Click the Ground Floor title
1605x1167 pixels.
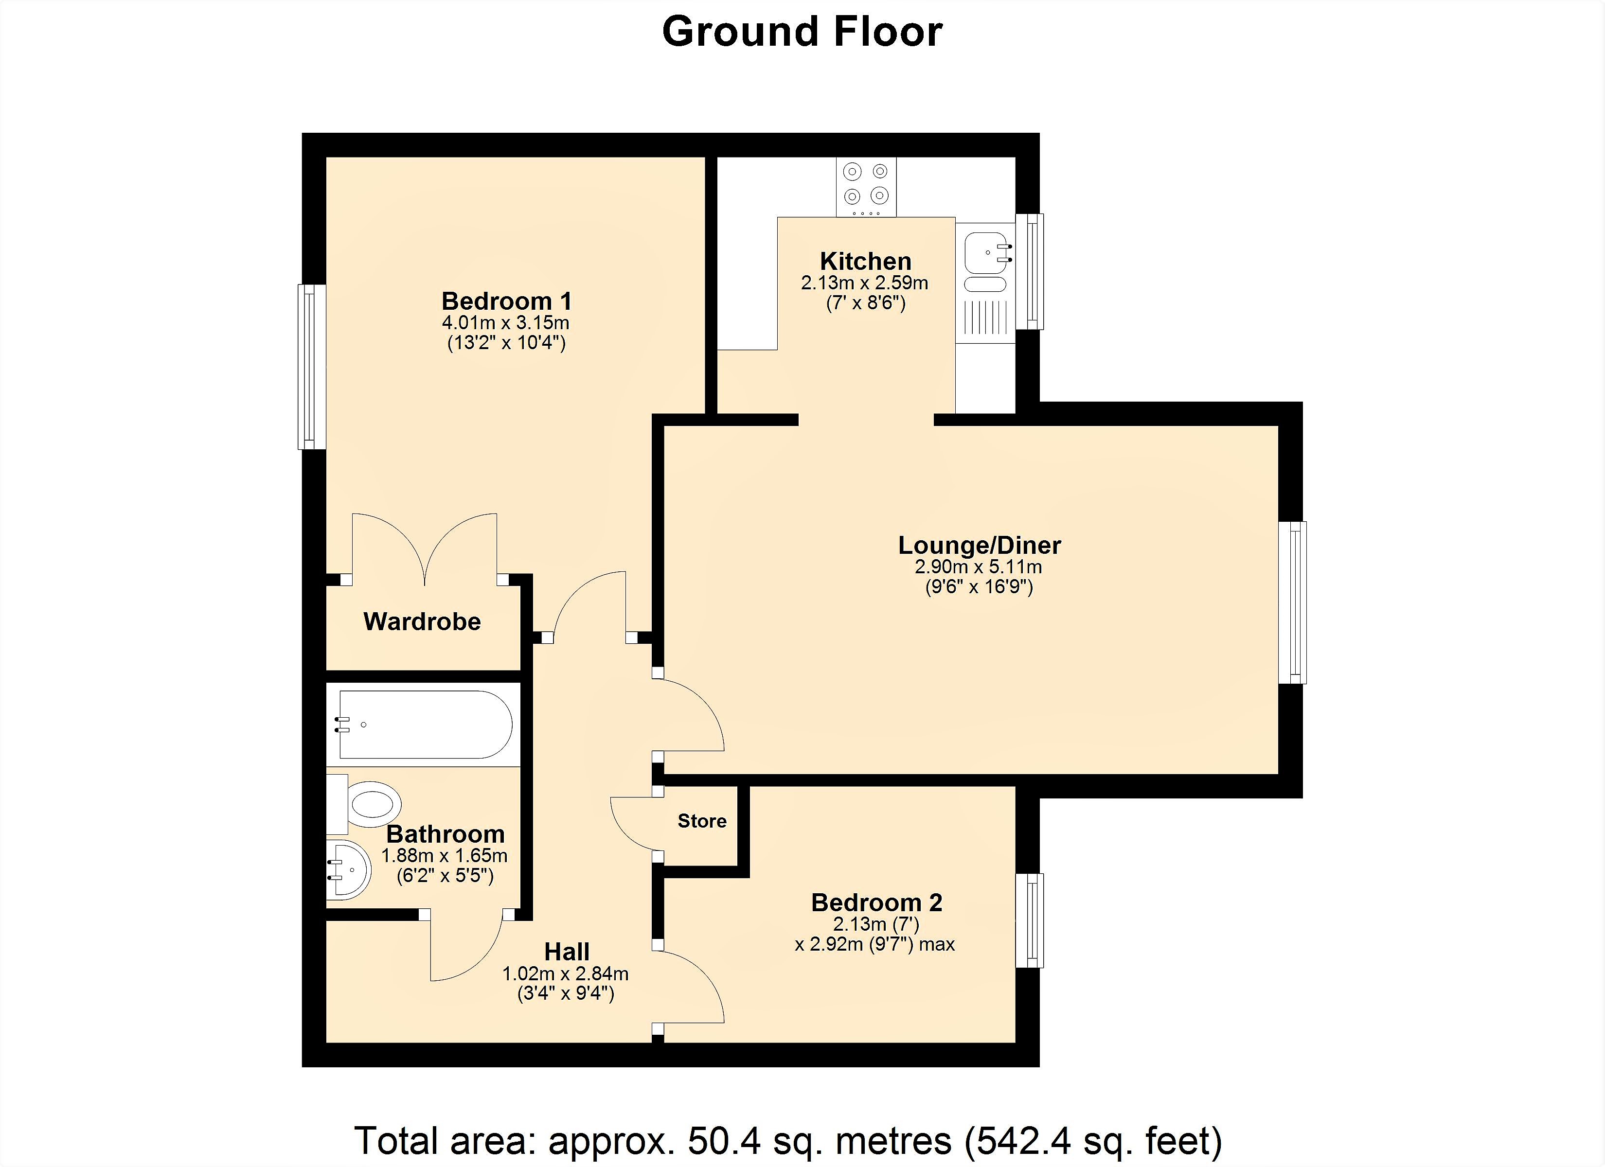pyautogui.click(x=802, y=32)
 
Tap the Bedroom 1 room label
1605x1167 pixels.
pyautogui.click(x=507, y=301)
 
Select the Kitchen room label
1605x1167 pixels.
pyautogui.click(x=865, y=261)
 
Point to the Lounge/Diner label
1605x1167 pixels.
pyautogui.click(x=980, y=545)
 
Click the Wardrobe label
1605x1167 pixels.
pyautogui.click(x=422, y=621)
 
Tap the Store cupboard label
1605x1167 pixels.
pyautogui.click(x=702, y=821)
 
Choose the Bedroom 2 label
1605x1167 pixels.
pyautogui.click(x=877, y=902)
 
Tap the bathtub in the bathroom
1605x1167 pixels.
pyautogui.click(x=425, y=725)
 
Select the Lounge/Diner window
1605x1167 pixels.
pyautogui.click(x=1292, y=603)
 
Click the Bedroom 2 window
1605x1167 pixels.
pyautogui.click(x=1030, y=920)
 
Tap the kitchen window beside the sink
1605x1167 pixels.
pyautogui.click(x=1030, y=271)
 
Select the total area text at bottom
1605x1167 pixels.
pyautogui.click(x=788, y=1140)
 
